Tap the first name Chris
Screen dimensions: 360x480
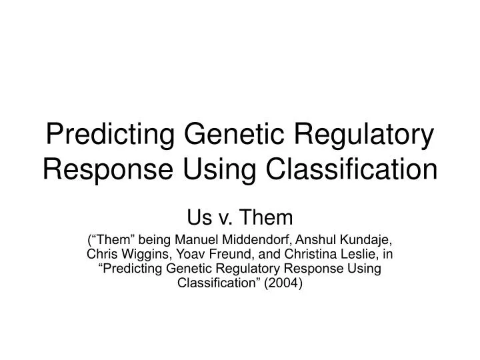[x=101, y=254]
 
